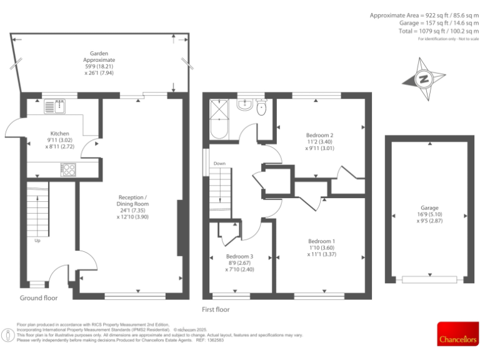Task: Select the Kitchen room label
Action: [59, 133]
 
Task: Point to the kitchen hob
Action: [68, 169]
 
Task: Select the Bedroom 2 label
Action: [319, 135]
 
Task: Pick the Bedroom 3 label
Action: [240, 257]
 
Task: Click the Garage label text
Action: [429, 208]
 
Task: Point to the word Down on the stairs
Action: [219, 164]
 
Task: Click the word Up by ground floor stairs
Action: [37, 241]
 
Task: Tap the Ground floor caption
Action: [39, 298]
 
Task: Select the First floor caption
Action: [216, 309]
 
